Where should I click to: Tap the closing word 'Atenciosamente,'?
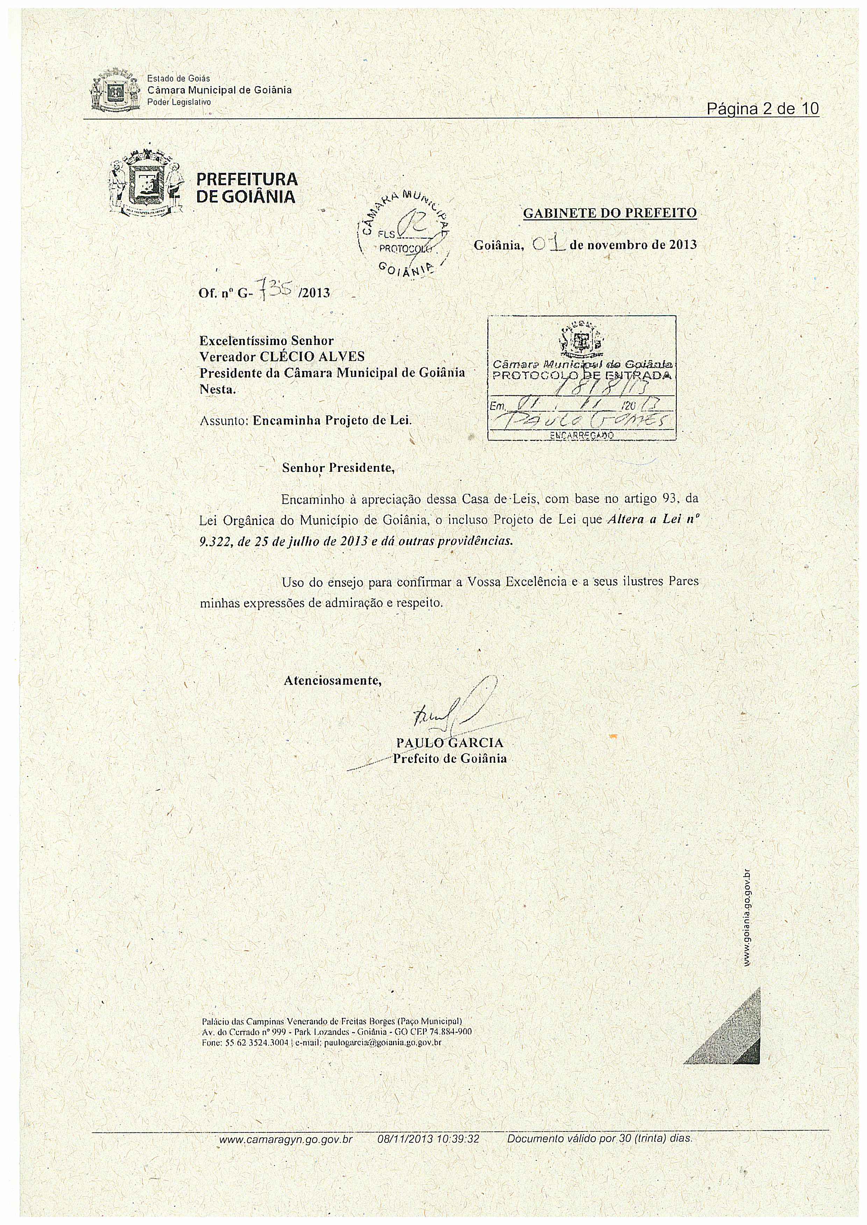(332, 681)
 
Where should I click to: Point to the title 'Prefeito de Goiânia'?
(450, 759)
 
